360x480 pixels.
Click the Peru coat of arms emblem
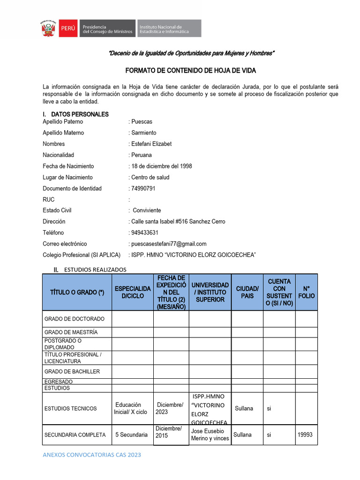pos(48,29)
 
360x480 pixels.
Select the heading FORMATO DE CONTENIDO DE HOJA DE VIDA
pos(190,70)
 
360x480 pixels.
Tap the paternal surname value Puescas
pos(142,121)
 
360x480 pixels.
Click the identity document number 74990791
pos(143,188)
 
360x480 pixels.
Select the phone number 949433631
pos(144,232)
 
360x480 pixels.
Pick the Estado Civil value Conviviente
pos(147,210)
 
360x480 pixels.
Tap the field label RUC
pos(48,199)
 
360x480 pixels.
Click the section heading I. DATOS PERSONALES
pos(75,114)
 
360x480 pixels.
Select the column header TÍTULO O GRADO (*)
pos(77,292)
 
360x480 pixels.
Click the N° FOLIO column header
pos(306,292)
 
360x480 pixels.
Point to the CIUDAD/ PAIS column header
pos(247,292)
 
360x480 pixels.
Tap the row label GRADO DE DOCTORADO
pos(75,319)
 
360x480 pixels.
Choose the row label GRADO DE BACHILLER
pos(72,372)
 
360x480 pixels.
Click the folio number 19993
pos(305,435)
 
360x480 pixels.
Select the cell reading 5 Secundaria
pos(132,435)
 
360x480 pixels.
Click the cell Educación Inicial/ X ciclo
pos(131,408)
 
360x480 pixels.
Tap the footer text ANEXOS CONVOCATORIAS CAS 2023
pos(91,455)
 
